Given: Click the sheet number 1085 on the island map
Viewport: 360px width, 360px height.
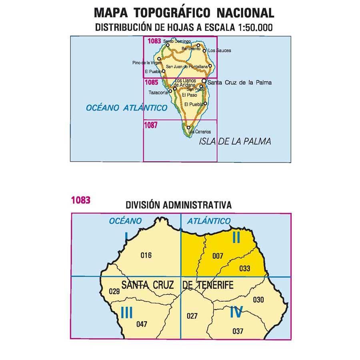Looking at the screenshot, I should pyautogui.click(x=152, y=83).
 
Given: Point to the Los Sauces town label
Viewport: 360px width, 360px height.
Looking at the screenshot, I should pyautogui.click(x=220, y=51).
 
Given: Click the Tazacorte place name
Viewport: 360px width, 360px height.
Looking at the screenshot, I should pyautogui.click(x=157, y=92).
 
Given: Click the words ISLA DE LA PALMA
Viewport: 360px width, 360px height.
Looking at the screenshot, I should pyautogui.click(x=235, y=141).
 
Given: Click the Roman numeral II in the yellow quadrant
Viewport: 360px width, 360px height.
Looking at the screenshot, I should pyautogui.click(x=236, y=238).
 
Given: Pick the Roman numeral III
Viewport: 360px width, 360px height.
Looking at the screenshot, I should pyautogui.click(x=126, y=312).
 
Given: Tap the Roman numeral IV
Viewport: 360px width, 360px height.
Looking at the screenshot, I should pyautogui.click(x=236, y=312).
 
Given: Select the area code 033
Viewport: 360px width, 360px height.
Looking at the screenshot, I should pyautogui.click(x=244, y=268).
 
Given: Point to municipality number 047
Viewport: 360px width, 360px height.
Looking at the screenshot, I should pyautogui.click(x=142, y=324).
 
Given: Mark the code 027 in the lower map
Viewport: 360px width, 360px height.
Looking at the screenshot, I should pyautogui.click(x=192, y=316).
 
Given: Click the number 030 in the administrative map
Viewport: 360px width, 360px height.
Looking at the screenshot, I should pyautogui.click(x=258, y=299).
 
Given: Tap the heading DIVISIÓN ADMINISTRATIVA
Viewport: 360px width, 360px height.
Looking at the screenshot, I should pyautogui.click(x=178, y=205).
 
